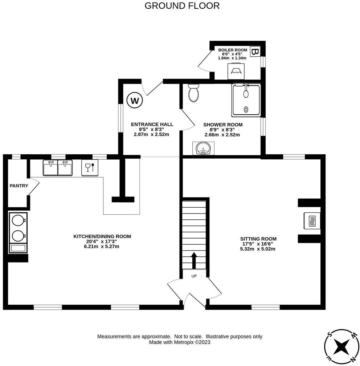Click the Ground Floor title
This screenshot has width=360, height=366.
182,6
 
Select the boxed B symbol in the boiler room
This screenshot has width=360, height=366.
255,52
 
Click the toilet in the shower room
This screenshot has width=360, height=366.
194,93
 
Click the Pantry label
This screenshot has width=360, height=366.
19,186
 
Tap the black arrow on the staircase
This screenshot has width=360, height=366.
194,260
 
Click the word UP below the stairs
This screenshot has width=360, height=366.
194,276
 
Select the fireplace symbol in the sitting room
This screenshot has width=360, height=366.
311,220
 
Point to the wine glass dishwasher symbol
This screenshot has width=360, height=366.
90,168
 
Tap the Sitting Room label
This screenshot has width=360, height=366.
258,239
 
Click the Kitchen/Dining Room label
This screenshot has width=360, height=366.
102,236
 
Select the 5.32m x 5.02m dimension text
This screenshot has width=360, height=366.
258,249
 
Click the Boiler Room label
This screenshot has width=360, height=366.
232,50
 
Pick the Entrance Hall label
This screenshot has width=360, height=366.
152,124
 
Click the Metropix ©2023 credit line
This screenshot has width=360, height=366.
180,342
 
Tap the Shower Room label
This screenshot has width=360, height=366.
222,125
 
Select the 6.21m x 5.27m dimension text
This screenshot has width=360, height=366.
102,246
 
